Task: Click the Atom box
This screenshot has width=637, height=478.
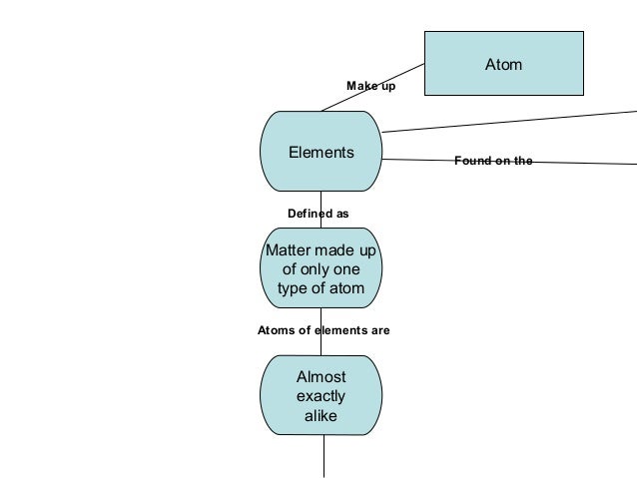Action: [x=503, y=64]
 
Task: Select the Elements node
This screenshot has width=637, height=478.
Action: [x=320, y=152]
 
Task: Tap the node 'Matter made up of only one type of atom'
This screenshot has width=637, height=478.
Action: [x=320, y=269]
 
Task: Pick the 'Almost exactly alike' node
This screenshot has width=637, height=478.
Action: [x=320, y=396]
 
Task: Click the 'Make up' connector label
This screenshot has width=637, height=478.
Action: [x=370, y=87]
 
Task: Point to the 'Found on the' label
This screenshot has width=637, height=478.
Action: [x=493, y=160]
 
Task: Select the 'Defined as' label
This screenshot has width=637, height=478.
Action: [x=318, y=213]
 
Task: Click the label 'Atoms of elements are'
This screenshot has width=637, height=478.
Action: [x=323, y=329]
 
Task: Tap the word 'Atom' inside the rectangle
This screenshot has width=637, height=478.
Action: [x=503, y=65]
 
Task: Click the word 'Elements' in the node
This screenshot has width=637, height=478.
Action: [x=320, y=153]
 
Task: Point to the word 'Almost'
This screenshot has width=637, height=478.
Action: [x=321, y=377]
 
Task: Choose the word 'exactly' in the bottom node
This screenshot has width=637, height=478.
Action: [x=321, y=396]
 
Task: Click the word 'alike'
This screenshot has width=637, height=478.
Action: [x=321, y=415]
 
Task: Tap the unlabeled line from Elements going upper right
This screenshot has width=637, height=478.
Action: [x=509, y=120]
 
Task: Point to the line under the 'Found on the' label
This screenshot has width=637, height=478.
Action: [x=579, y=162]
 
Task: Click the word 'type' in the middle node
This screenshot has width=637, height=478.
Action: [x=294, y=289]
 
